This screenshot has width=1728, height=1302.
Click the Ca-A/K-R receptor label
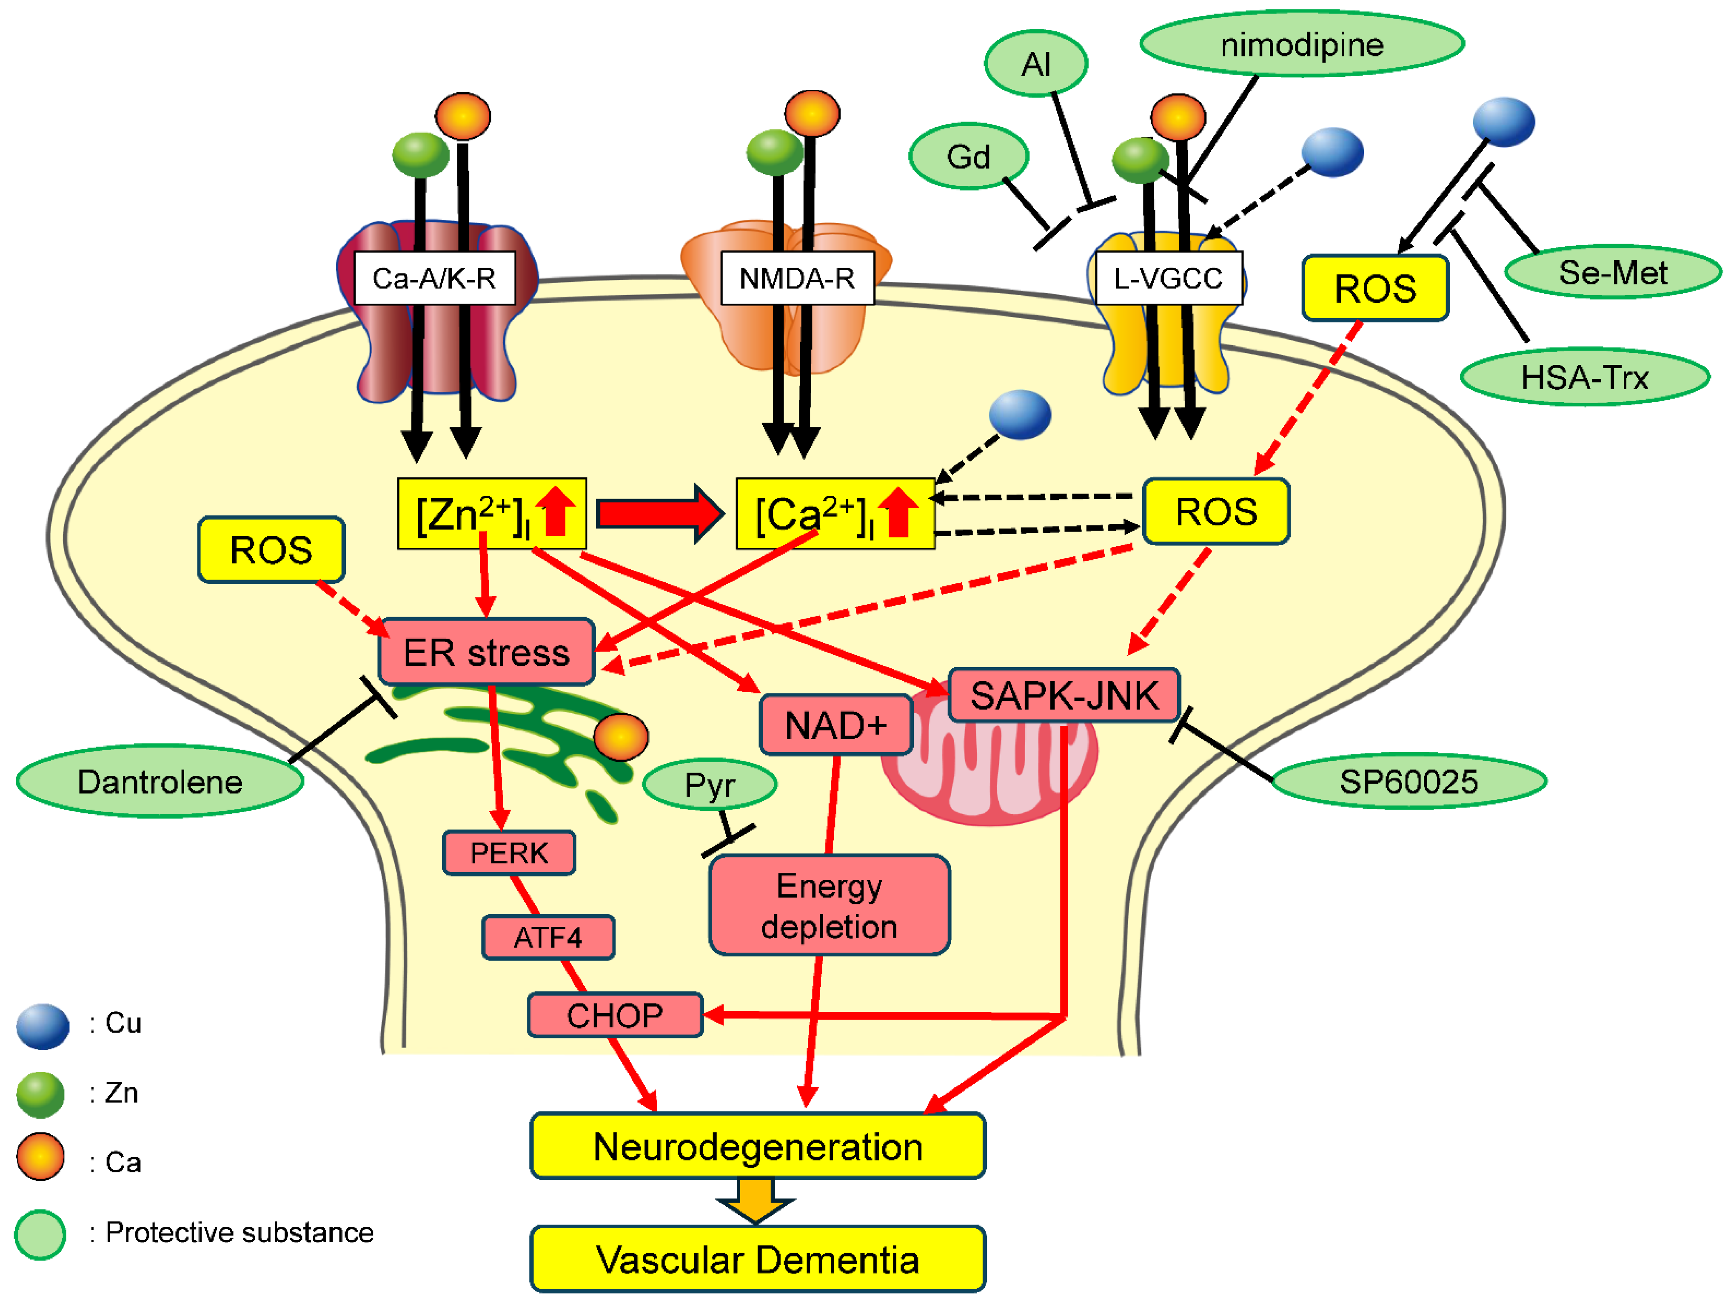(x=434, y=278)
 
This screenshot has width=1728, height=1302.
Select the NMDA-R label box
(x=797, y=278)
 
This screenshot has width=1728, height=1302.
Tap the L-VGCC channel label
(x=1168, y=278)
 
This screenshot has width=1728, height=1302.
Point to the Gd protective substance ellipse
(x=969, y=157)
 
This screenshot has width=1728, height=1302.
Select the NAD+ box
(x=835, y=725)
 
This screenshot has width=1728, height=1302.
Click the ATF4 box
(x=547, y=937)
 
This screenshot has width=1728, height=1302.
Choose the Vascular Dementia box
(x=757, y=1259)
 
